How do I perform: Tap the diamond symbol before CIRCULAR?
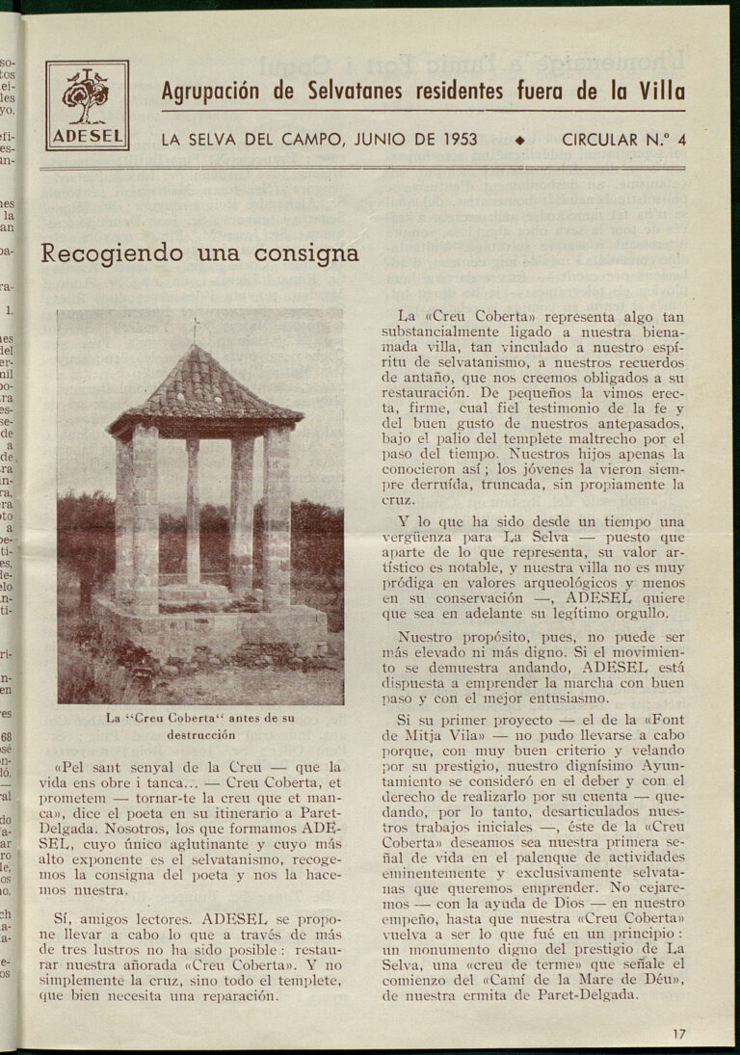click(x=520, y=141)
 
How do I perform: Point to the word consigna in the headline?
click(x=306, y=253)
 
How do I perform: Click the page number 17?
click(x=679, y=1034)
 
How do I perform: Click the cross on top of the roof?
click(x=195, y=329)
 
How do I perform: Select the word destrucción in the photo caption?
click(x=200, y=734)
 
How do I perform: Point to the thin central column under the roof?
click(x=193, y=511)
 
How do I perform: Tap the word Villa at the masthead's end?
click(x=662, y=92)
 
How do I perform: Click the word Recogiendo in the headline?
click(x=112, y=253)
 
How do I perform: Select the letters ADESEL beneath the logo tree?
click(x=87, y=136)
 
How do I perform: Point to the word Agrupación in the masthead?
click(x=211, y=92)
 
